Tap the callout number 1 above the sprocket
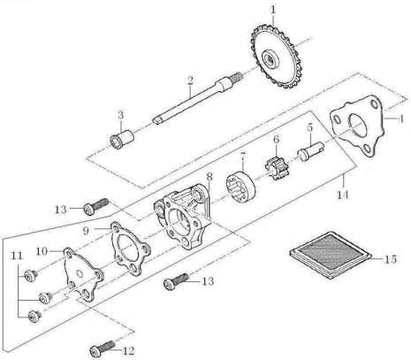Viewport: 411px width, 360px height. click(x=273, y=10)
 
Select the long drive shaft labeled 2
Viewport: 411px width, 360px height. click(x=197, y=99)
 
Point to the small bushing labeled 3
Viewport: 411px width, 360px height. click(x=121, y=139)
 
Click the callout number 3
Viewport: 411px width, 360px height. click(x=120, y=115)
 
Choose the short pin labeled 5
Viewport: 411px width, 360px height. click(x=311, y=149)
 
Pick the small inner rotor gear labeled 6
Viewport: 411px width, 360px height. click(x=277, y=168)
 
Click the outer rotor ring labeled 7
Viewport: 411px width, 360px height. click(x=241, y=188)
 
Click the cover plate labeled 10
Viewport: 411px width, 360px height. click(x=83, y=273)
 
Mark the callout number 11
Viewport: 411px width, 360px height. click(x=17, y=256)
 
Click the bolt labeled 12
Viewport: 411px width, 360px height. click(x=103, y=349)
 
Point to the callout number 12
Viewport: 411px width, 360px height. click(x=128, y=350)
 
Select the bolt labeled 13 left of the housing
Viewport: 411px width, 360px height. click(x=96, y=206)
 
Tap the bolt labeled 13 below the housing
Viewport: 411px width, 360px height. click(x=176, y=281)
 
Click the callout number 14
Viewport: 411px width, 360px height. click(x=343, y=195)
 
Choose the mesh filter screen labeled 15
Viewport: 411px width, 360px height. click(x=331, y=255)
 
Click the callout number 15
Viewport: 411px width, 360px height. click(x=391, y=259)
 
